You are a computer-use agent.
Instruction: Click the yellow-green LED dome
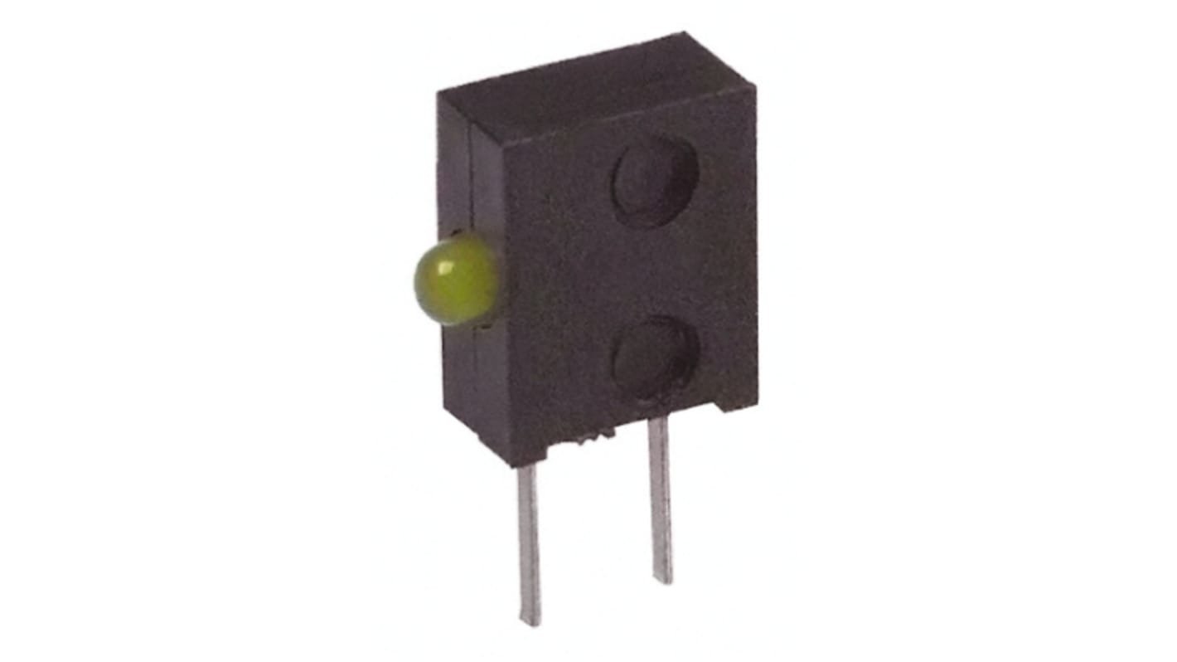[455, 280]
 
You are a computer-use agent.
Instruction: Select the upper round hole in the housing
[654, 181]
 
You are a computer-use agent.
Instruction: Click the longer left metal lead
[529, 539]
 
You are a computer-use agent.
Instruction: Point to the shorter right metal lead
[660, 498]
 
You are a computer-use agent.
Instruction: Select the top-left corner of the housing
[440, 96]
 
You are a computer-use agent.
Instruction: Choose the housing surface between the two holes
[655, 270]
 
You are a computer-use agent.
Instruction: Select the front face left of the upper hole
[555, 183]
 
